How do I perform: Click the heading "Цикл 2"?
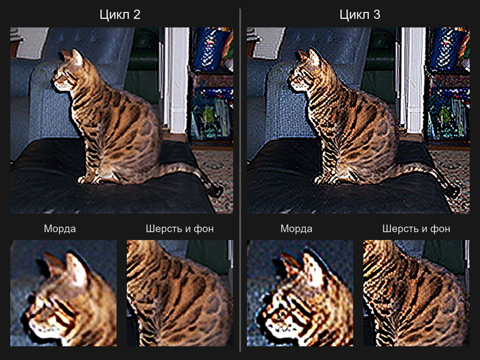[x=120, y=14]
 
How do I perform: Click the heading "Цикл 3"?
[x=360, y=14]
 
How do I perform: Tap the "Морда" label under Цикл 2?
[x=60, y=228]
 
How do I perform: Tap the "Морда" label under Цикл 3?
[x=296, y=228]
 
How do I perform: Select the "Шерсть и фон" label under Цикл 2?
[x=180, y=228]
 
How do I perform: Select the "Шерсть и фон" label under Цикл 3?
[x=416, y=228]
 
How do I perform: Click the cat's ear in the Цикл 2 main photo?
[x=77, y=57]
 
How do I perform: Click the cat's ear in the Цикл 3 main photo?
[x=314, y=57]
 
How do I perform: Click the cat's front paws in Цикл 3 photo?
[x=326, y=180]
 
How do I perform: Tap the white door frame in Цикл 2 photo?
[x=177, y=80]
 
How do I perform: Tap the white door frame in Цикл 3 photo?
[x=413, y=80]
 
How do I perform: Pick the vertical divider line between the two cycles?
[x=240, y=180]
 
